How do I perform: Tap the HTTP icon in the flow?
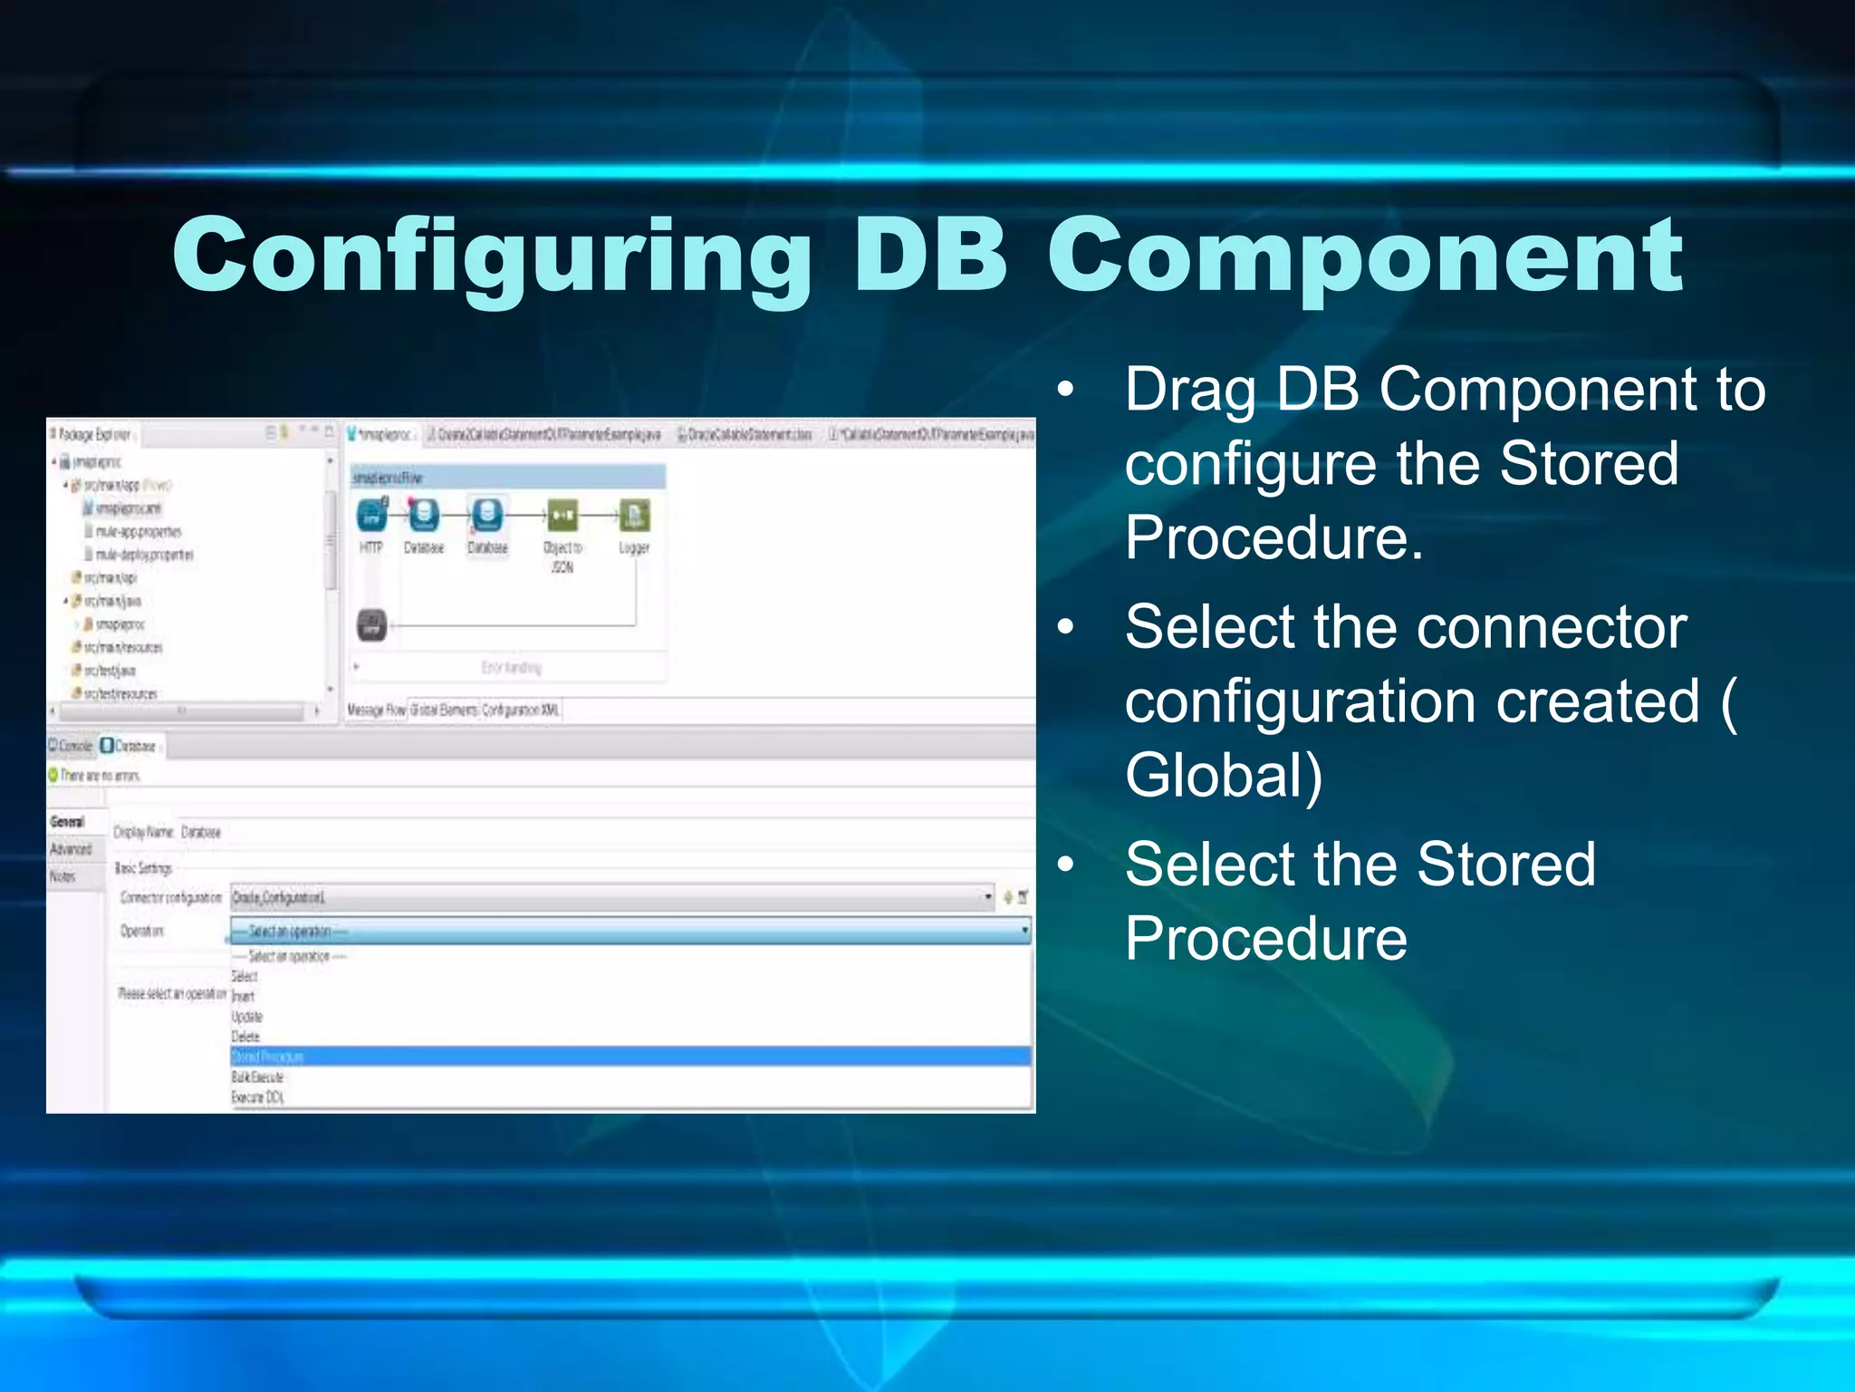click(371, 517)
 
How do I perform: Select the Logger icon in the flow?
click(634, 517)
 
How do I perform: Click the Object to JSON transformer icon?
click(562, 517)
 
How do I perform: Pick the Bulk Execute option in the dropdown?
click(258, 1078)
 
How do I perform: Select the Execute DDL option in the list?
click(258, 1097)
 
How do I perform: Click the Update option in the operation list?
click(247, 1017)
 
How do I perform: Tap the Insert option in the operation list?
click(244, 997)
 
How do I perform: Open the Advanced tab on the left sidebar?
click(72, 849)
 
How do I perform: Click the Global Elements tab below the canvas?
click(444, 710)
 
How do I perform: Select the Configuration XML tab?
click(521, 710)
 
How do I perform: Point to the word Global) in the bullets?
click(1224, 776)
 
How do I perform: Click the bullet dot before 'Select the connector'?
click(1066, 627)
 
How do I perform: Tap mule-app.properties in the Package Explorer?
click(139, 531)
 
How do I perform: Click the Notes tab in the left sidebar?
click(62, 876)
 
